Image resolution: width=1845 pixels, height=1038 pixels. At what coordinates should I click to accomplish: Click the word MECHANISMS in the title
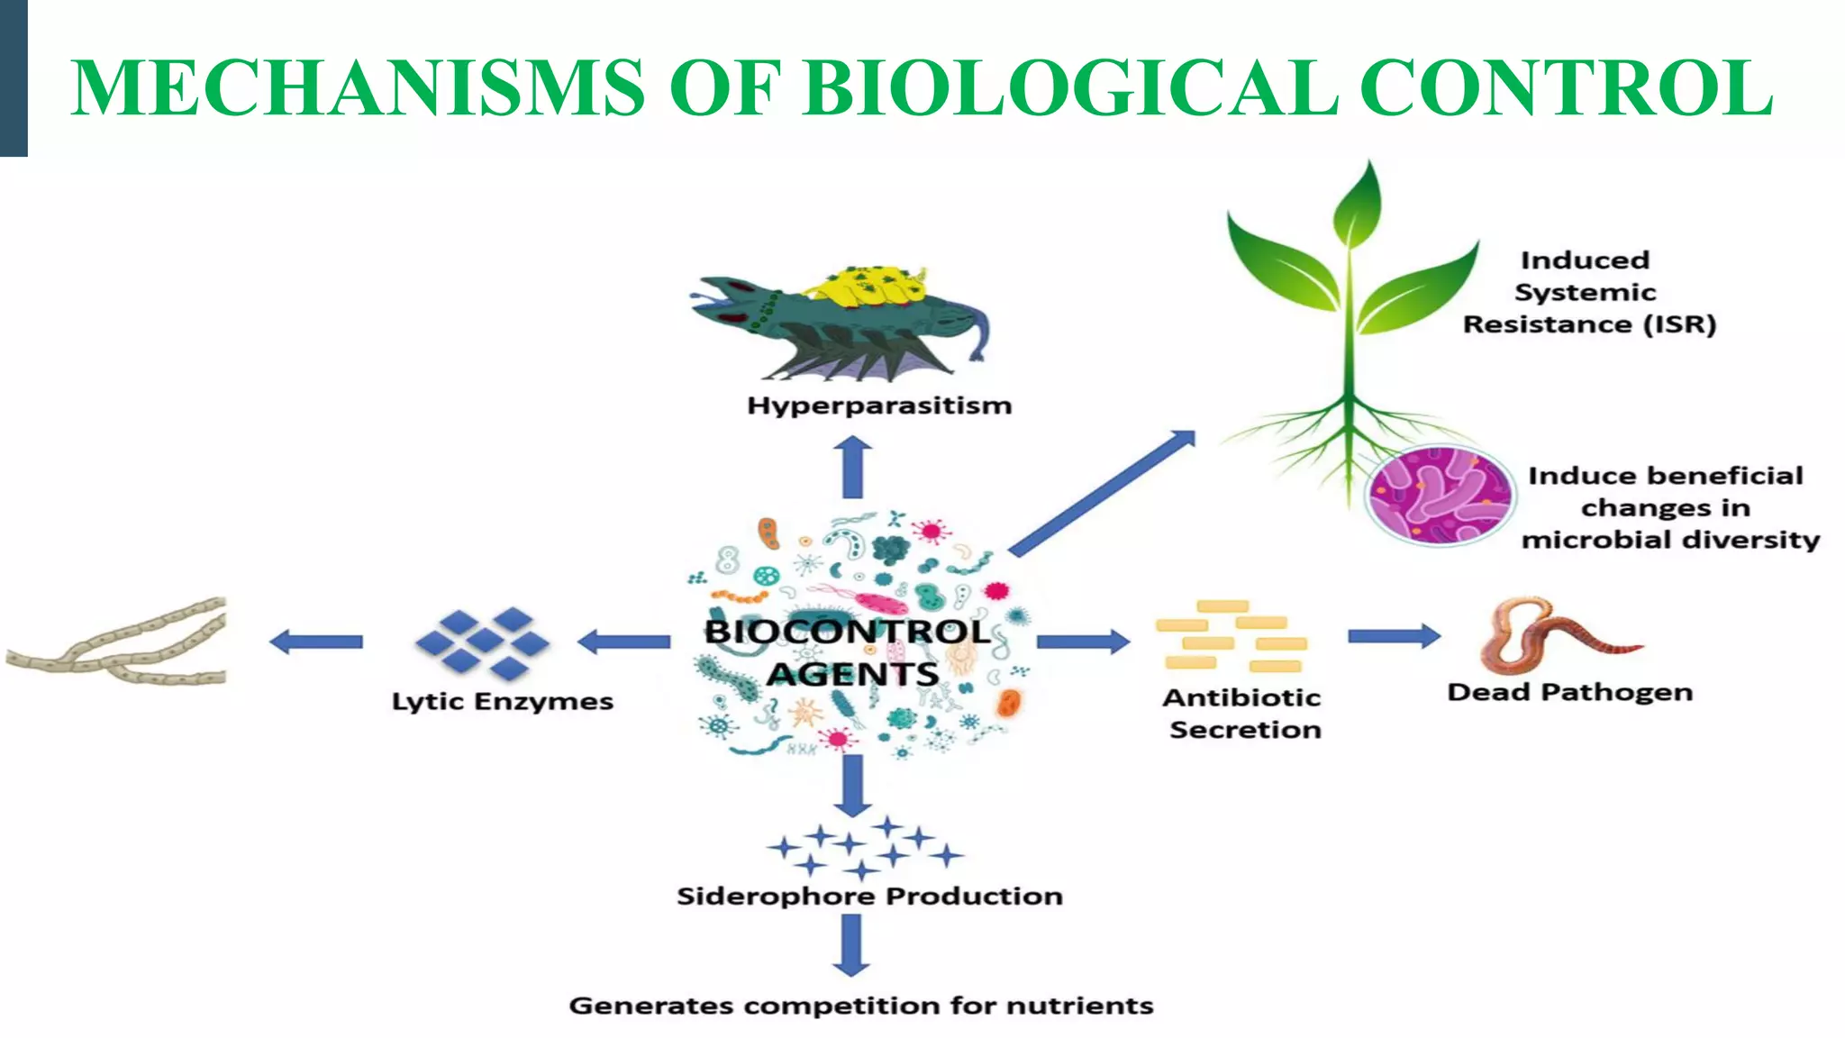coord(358,87)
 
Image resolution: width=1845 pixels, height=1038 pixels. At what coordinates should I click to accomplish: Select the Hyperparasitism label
coord(879,405)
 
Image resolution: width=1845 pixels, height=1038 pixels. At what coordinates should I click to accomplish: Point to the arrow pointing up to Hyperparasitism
coord(852,469)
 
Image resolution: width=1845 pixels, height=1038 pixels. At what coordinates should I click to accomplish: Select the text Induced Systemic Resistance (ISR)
coord(1588,292)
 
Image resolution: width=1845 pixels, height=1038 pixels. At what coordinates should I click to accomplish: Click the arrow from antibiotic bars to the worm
coord(1393,636)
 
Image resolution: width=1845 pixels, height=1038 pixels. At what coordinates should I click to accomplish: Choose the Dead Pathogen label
coord(1569,692)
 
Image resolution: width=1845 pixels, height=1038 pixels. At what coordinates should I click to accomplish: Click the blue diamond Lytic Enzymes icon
coord(483,641)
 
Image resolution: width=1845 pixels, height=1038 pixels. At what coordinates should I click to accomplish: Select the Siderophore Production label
coord(869,896)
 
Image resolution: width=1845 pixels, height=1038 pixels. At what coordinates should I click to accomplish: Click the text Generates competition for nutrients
coord(861,1006)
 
